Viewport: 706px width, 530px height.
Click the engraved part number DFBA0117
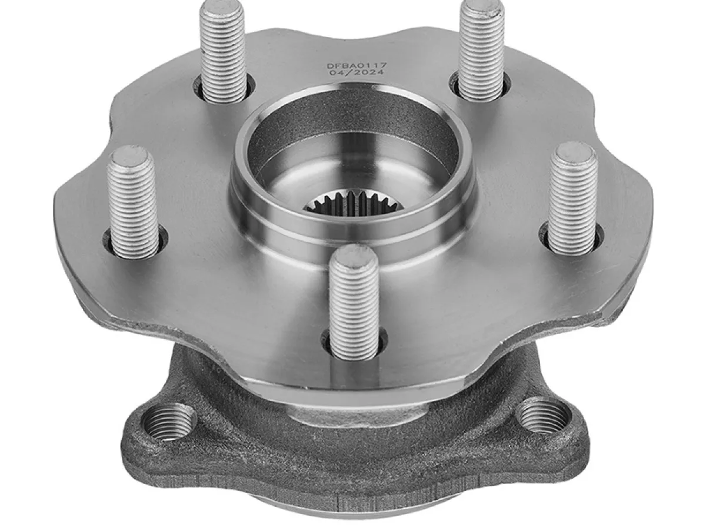tap(357, 65)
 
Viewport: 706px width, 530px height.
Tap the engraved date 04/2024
tap(357, 72)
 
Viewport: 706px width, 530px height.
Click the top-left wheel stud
tap(222, 51)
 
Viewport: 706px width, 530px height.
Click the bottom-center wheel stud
tap(354, 302)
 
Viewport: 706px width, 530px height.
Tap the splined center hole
tap(353, 203)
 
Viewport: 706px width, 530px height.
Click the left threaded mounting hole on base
tap(169, 421)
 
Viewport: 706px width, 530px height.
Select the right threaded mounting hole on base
tap(543, 417)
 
